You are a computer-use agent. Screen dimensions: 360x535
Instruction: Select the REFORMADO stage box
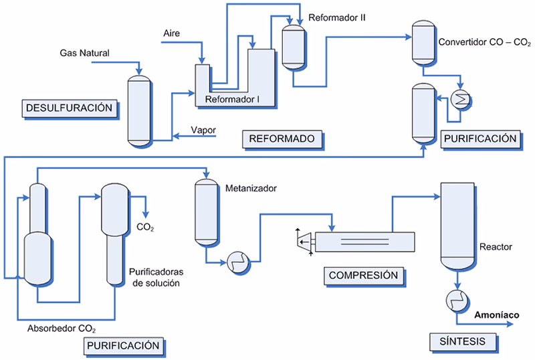(281, 139)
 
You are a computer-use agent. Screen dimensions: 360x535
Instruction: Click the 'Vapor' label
(203, 130)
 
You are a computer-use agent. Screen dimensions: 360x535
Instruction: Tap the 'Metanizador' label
(251, 188)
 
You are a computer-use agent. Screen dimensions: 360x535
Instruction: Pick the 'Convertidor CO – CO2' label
(484, 43)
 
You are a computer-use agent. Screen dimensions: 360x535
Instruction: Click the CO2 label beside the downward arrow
(145, 228)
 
